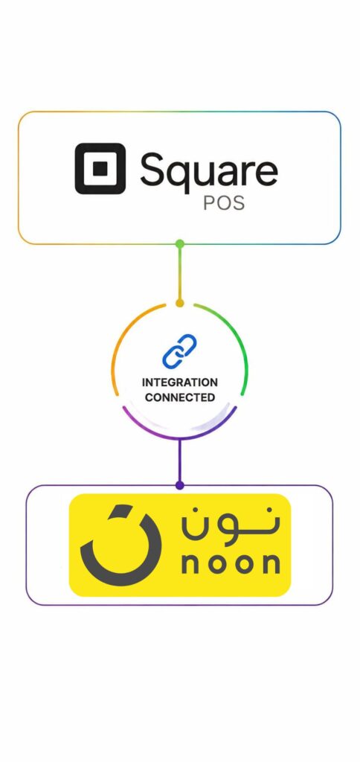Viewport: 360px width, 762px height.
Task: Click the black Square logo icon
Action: pos(100,168)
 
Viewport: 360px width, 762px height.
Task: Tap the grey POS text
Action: pos(223,203)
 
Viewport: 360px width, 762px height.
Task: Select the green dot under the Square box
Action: pos(180,243)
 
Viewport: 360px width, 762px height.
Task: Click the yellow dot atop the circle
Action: pos(180,304)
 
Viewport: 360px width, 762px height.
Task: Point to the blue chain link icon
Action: pos(179,351)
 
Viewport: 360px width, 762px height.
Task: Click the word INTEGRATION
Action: pos(180,382)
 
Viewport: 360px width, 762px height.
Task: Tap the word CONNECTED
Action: pos(180,397)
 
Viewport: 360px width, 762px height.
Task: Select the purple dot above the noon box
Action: pos(180,485)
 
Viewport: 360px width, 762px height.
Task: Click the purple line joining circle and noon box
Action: pos(180,461)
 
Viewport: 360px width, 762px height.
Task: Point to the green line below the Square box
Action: pos(180,273)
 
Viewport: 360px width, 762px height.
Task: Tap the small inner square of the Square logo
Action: pos(100,168)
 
